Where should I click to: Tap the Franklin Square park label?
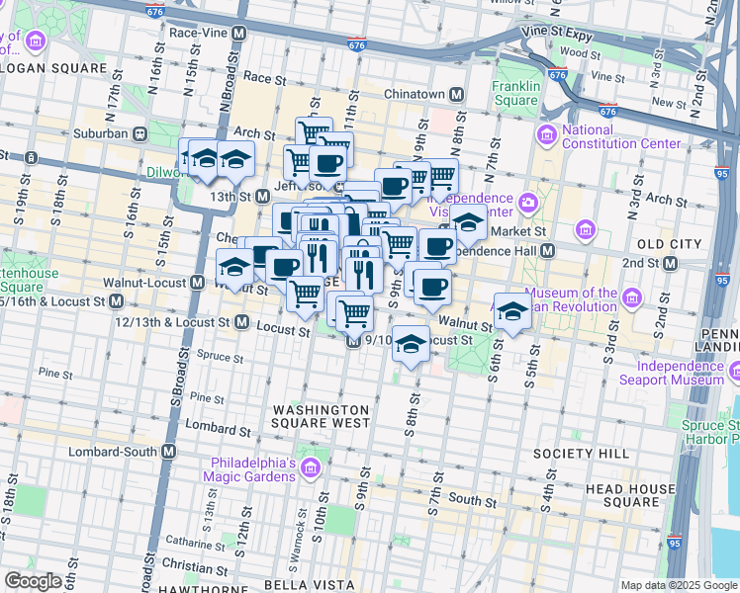click(x=515, y=93)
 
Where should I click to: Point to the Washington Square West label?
click(x=321, y=416)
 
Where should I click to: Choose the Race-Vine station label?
click(x=202, y=32)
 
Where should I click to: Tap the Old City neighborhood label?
click(x=663, y=243)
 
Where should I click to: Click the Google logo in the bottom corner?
click(x=33, y=581)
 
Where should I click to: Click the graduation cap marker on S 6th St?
click(x=511, y=311)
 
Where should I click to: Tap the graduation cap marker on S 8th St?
click(x=412, y=344)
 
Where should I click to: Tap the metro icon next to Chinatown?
click(x=457, y=95)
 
